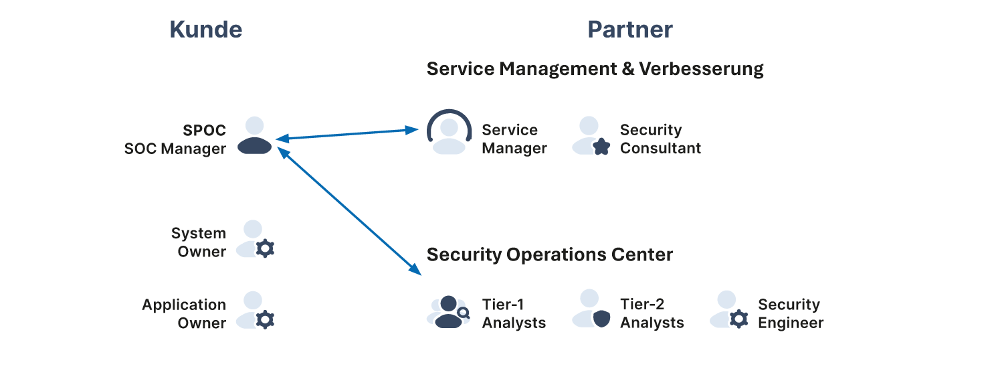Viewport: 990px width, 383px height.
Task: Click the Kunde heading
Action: click(x=205, y=29)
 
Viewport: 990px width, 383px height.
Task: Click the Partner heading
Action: click(x=629, y=29)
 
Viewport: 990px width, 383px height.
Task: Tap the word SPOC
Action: click(x=205, y=130)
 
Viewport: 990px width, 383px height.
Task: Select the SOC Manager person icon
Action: click(x=255, y=137)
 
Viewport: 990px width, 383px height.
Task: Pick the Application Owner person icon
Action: click(x=255, y=310)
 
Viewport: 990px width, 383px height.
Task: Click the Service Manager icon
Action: click(x=449, y=133)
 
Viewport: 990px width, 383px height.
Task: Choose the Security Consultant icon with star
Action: click(x=591, y=137)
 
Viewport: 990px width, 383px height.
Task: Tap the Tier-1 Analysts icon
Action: click(x=448, y=311)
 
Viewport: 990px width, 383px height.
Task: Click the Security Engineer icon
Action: click(x=729, y=310)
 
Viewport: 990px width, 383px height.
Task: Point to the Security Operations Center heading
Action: click(x=549, y=254)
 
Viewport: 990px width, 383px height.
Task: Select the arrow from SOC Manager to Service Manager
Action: click(x=348, y=135)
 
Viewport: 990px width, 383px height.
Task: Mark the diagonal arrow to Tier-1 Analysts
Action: click(x=348, y=212)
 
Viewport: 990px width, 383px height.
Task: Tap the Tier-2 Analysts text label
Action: click(x=652, y=313)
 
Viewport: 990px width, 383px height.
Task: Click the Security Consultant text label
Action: click(x=660, y=139)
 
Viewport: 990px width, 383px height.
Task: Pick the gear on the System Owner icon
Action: click(x=266, y=249)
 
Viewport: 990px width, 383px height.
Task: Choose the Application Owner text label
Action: click(x=184, y=313)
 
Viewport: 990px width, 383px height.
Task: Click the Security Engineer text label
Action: click(x=790, y=313)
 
